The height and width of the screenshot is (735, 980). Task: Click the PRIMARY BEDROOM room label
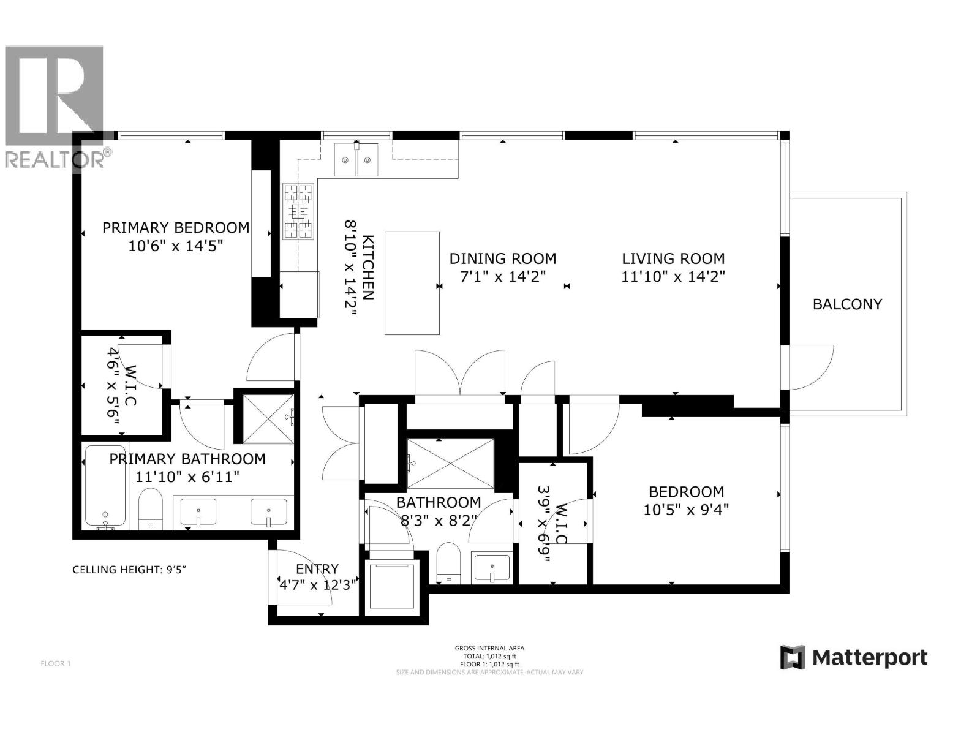pyautogui.click(x=176, y=228)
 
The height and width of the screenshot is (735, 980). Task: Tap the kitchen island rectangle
pyautogui.click(x=412, y=283)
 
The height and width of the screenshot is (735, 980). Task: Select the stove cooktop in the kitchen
pyautogui.click(x=298, y=211)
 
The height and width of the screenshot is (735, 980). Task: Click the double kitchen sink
pyautogui.click(x=356, y=160)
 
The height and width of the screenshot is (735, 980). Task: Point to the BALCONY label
pyautogui.click(x=847, y=304)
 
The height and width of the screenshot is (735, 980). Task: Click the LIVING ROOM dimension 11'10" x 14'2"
pyautogui.click(x=673, y=277)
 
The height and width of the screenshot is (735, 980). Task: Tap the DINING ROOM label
pyautogui.click(x=503, y=258)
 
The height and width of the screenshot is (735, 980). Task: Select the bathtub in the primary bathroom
pyautogui.click(x=105, y=487)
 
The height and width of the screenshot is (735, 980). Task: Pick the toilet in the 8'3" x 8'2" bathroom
pyautogui.click(x=448, y=560)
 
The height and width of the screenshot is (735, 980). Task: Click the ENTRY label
pyautogui.click(x=317, y=569)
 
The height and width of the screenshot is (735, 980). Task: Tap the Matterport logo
pyautogui.click(x=854, y=658)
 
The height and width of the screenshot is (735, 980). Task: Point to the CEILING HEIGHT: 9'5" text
pyautogui.click(x=129, y=570)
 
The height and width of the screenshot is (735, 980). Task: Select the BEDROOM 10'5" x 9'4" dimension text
pyautogui.click(x=686, y=510)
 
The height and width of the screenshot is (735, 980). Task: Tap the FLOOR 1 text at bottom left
pyautogui.click(x=56, y=663)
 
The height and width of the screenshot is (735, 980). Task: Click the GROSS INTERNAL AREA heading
pyautogui.click(x=489, y=648)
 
